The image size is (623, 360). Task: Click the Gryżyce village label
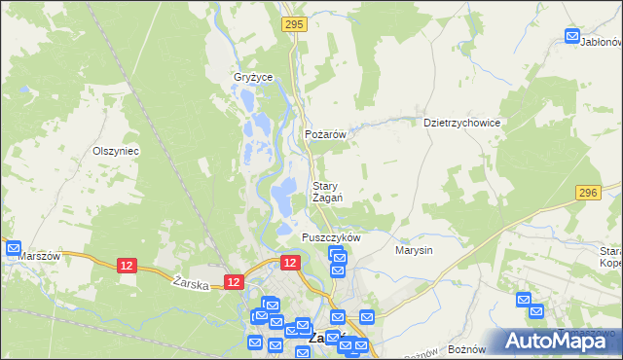point(253,77)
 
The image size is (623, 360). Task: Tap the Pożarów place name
point(326,135)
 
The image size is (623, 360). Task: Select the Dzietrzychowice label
point(461,124)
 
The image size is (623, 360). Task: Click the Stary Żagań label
point(326,192)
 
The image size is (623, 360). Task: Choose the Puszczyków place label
point(331,237)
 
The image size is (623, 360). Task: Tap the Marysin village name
point(414,250)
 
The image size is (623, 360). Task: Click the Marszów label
point(40,257)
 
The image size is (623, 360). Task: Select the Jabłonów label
point(601,43)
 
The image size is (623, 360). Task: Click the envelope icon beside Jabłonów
point(572,37)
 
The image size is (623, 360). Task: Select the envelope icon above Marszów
point(14,248)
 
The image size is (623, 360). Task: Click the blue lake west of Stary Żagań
point(283,198)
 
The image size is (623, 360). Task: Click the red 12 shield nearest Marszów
point(127,265)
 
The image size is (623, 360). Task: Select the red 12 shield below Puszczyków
point(290,263)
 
